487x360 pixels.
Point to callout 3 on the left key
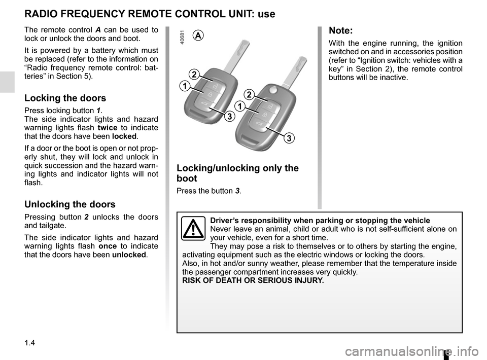tap(229, 117)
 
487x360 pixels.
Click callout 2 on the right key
tap(249, 95)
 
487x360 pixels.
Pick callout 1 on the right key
tap(238, 106)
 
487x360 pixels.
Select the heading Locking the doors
tap(65, 98)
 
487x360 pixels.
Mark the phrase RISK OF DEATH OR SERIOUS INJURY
tap(252, 280)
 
